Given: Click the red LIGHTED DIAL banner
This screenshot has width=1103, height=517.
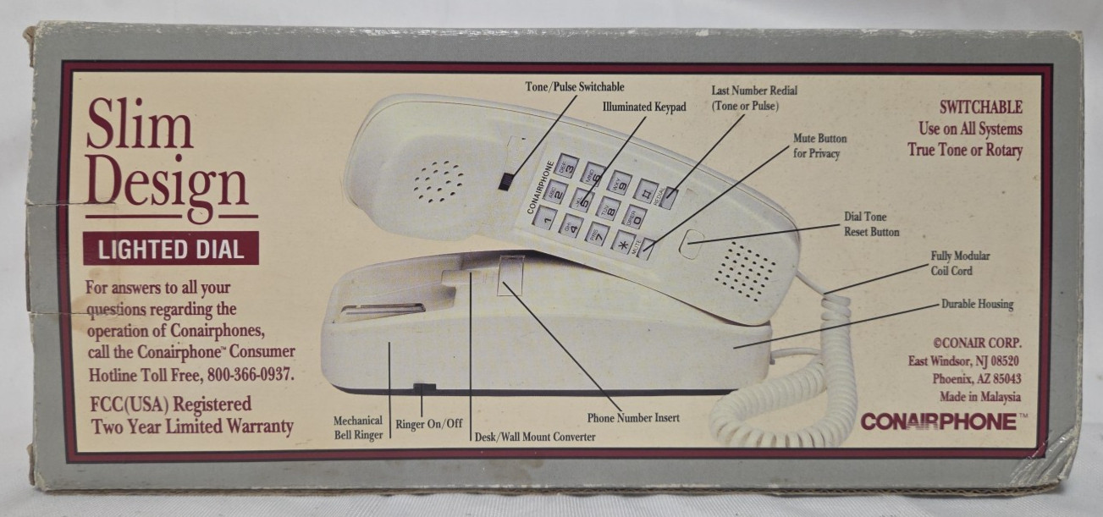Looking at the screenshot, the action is coord(171,249).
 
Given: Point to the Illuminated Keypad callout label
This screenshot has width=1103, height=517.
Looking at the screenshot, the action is coord(643,107).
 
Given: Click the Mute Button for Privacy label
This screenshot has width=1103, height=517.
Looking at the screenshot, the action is coord(819,146).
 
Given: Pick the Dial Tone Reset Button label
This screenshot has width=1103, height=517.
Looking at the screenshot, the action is coord(871,224).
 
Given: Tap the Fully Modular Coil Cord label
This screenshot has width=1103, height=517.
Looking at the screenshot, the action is coord(960,263).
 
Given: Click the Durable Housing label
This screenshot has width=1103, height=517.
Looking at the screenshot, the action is coord(977,304).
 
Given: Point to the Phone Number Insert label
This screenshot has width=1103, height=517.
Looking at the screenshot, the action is coord(633,417).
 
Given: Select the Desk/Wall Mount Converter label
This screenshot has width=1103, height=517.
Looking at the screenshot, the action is coord(534,437).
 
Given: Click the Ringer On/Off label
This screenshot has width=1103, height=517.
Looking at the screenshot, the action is coord(429,423).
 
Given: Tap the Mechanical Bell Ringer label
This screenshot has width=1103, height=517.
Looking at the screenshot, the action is coord(358,427).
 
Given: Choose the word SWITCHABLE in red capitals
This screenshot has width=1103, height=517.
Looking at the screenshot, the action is coord(981,107).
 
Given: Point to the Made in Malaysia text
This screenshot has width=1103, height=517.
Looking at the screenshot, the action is coord(979,396).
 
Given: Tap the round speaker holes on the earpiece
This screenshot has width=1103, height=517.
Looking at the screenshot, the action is coord(438,180).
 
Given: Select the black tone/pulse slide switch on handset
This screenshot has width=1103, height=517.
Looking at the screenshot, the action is coord(505,181).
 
